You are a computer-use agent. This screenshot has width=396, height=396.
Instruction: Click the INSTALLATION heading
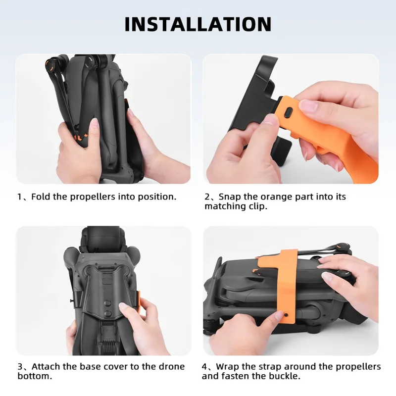point(198,24)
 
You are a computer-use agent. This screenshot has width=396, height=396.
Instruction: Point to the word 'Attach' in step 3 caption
point(46,366)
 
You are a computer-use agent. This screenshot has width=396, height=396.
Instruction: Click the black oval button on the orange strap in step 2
point(289,112)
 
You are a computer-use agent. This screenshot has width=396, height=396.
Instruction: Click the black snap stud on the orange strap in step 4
point(286,315)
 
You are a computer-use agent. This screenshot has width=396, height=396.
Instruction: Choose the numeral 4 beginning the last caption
point(204,367)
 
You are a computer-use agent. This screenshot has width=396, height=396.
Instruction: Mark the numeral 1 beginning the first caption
point(19,197)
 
